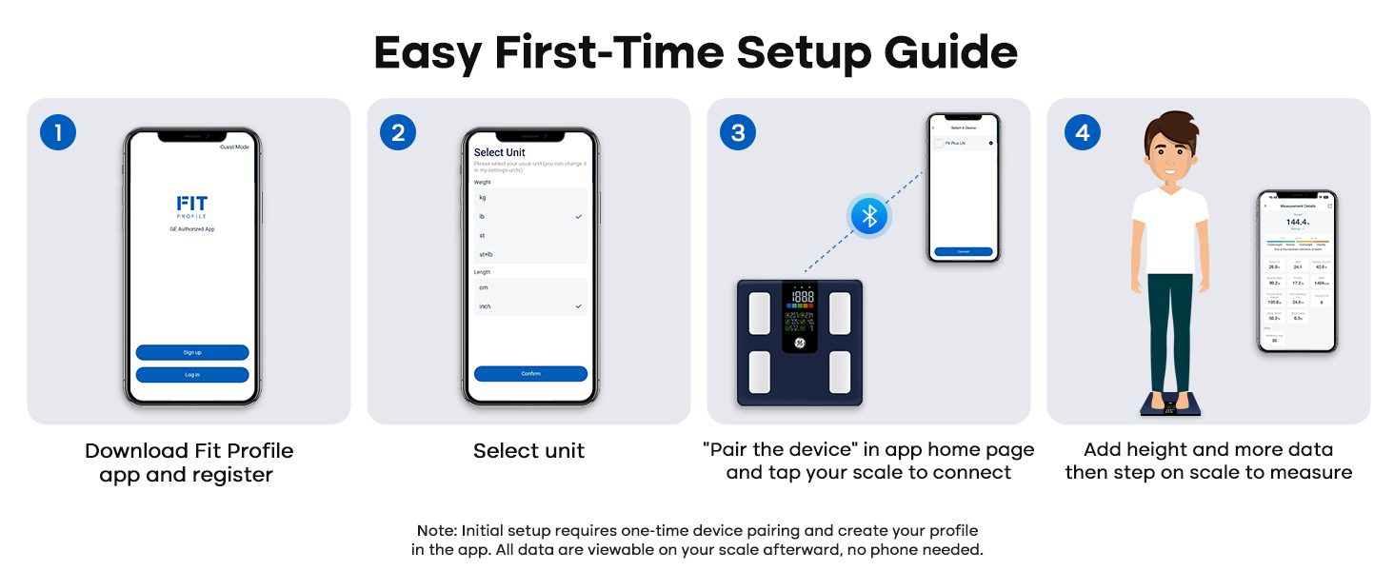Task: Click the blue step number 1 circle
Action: (57, 132)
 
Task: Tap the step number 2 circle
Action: (397, 132)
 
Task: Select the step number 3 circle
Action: (738, 132)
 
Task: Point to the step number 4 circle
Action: (1082, 132)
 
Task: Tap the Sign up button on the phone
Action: (192, 352)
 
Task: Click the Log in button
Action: (192, 375)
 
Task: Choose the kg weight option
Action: (483, 197)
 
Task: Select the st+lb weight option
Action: (486, 254)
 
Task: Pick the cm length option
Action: (484, 287)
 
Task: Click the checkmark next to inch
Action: (578, 306)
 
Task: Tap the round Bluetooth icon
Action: (867, 217)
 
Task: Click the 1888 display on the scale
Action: (803, 298)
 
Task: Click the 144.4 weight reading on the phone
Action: (1297, 222)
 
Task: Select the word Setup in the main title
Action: (806, 53)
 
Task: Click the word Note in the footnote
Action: (437, 530)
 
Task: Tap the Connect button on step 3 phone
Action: (964, 251)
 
